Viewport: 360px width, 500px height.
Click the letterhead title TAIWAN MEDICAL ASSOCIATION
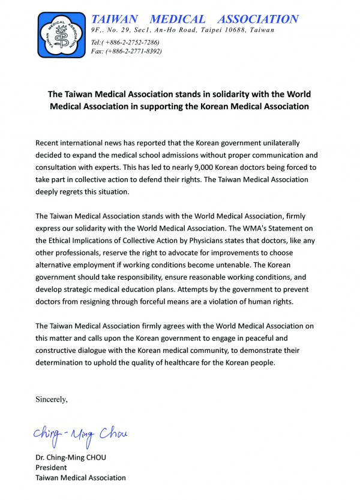tap(194, 19)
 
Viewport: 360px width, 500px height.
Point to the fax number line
tap(126, 51)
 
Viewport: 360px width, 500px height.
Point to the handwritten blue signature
tap(81, 433)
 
